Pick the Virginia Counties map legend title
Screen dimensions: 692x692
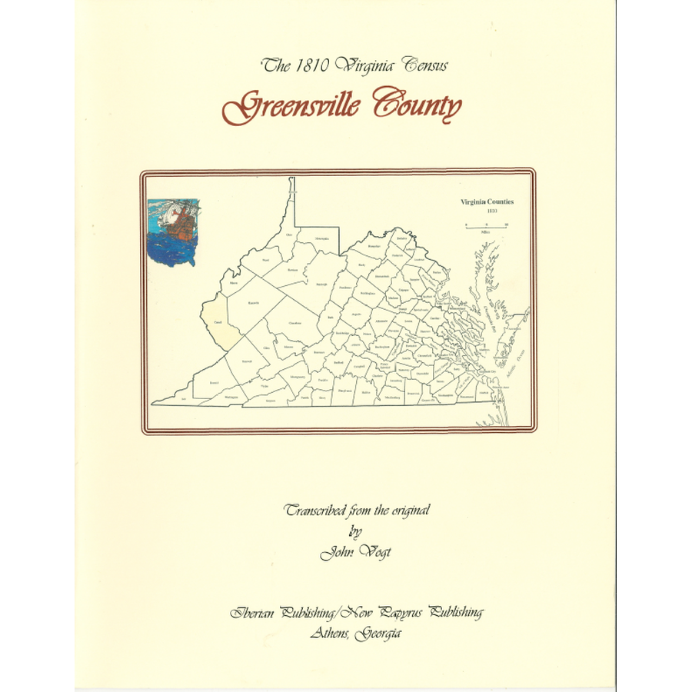pyautogui.click(x=487, y=202)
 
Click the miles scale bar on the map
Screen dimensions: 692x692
pyautogui.click(x=485, y=225)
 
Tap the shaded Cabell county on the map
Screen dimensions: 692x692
pyautogui.click(x=216, y=322)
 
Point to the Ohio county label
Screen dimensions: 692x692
pyautogui.click(x=289, y=235)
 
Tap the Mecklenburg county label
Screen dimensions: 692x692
pyautogui.click(x=392, y=398)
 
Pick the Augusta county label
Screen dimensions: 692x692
pyautogui.click(x=355, y=314)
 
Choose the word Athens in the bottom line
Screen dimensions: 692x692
pyautogui.click(x=334, y=632)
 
